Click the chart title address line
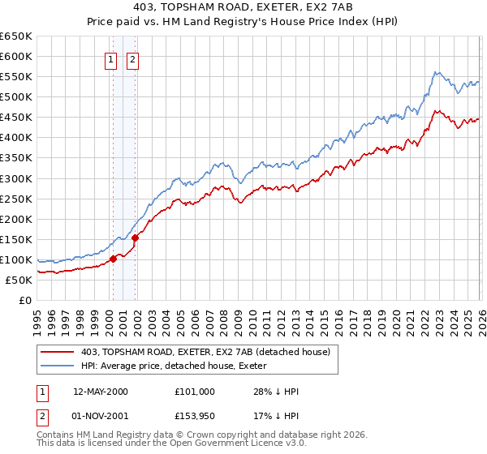243,9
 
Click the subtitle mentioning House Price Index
243,24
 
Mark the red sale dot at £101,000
114,259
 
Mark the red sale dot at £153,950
135,238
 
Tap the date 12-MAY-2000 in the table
101,392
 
